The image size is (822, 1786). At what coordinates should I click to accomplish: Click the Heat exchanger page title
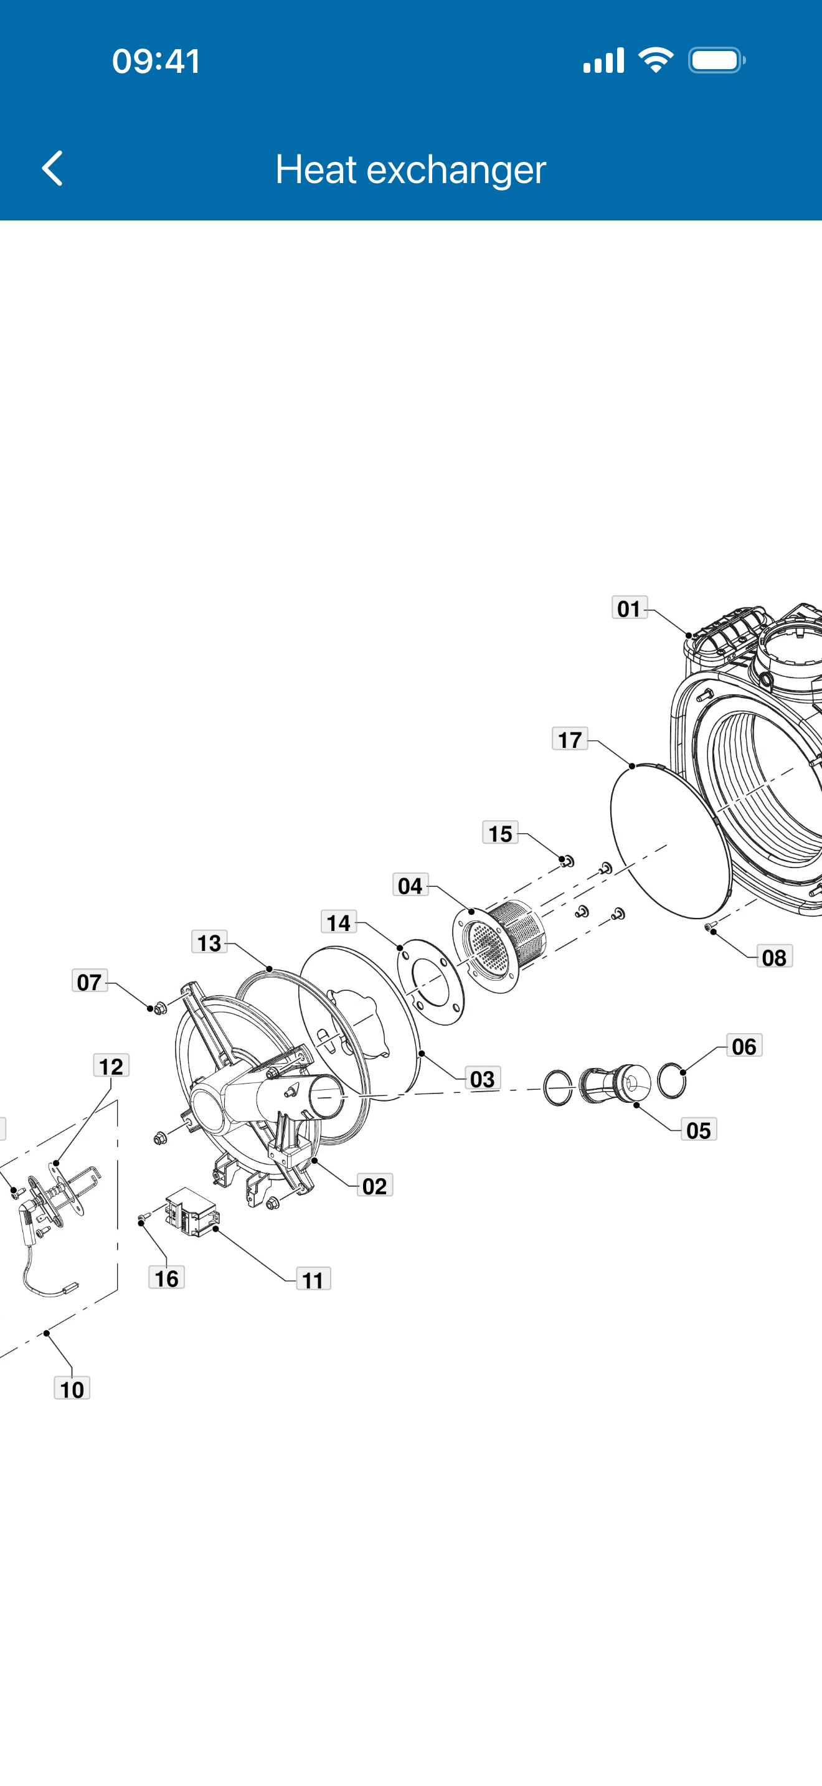(x=410, y=169)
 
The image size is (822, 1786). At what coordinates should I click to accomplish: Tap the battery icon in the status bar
(x=717, y=60)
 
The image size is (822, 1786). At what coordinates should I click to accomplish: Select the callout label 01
(x=630, y=608)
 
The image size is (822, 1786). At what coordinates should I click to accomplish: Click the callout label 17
(x=570, y=739)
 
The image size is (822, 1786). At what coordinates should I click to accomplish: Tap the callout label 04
(x=410, y=886)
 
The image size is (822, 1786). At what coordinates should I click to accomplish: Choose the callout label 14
(x=339, y=922)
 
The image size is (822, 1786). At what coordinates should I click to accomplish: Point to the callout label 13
(x=209, y=942)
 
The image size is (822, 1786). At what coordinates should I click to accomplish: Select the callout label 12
(x=111, y=1065)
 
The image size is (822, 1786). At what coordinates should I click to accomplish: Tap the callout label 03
(x=483, y=1079)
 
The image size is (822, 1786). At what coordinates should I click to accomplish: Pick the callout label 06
(x=744, y=1046)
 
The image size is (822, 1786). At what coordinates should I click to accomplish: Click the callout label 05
(x=699, y=1130)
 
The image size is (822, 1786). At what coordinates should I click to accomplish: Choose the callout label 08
(x=774, y=957)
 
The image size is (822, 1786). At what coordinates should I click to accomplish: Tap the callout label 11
(x=313, y=1279)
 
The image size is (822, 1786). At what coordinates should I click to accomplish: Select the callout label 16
(x=166, y=1277)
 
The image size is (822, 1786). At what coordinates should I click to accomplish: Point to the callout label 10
(x=72, y=1388)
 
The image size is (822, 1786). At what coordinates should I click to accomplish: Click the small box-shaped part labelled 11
(x=192, y=1211)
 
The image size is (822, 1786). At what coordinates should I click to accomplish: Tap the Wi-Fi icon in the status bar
(x=656, y=60)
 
